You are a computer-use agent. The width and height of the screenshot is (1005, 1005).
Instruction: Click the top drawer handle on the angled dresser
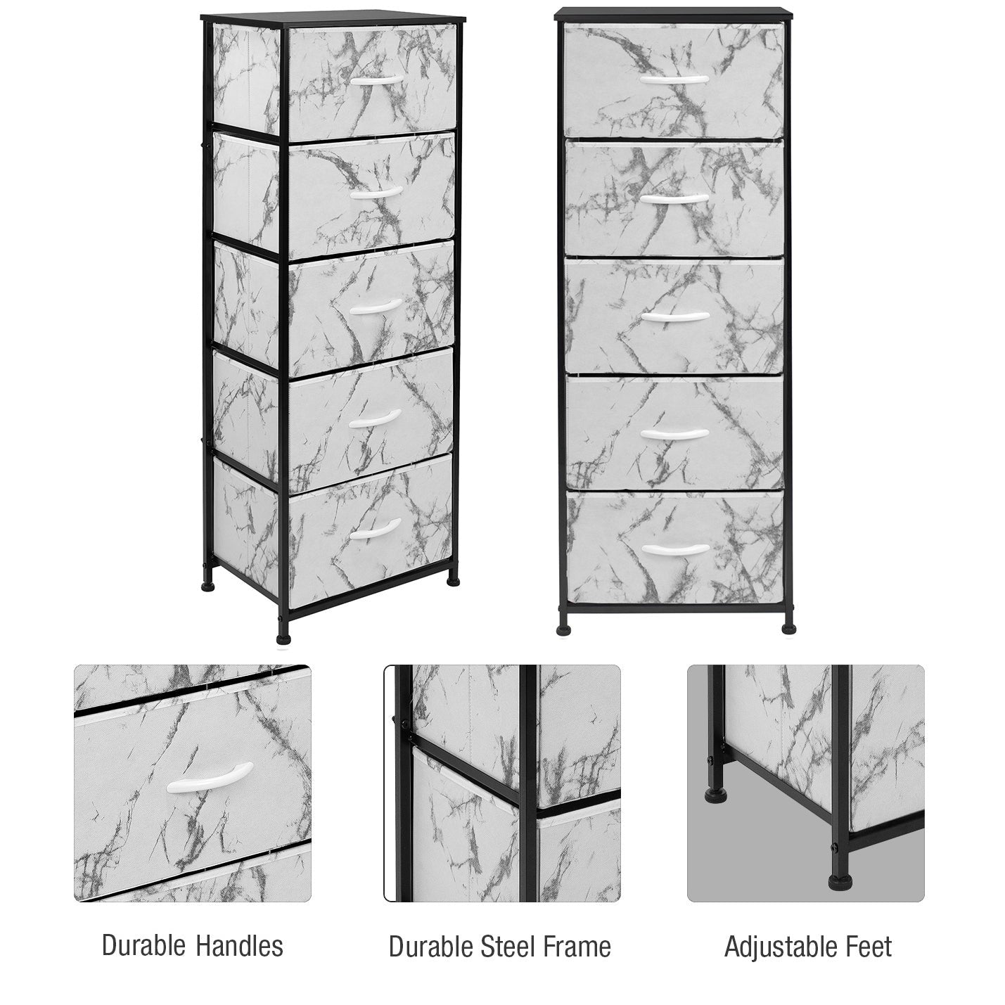click(376, 79)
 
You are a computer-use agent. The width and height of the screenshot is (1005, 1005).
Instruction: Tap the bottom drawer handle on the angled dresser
click(376, 530)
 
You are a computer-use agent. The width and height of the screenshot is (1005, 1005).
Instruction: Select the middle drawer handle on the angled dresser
click(376, 307)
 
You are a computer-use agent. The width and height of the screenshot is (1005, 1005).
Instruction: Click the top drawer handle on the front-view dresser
click(674, 79)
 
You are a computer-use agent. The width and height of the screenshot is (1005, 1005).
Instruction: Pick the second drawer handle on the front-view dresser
click(674, 198)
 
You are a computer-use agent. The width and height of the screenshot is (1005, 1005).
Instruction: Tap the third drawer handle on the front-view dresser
click(675, 316)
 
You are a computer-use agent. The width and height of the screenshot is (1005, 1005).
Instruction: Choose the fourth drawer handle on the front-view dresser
click(675, 433)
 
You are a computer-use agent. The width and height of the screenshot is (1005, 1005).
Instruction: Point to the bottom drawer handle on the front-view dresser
click(675, 549)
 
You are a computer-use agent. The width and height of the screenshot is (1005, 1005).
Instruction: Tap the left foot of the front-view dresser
click(563, 629)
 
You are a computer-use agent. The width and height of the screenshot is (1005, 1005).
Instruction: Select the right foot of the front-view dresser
click(790, 629)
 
